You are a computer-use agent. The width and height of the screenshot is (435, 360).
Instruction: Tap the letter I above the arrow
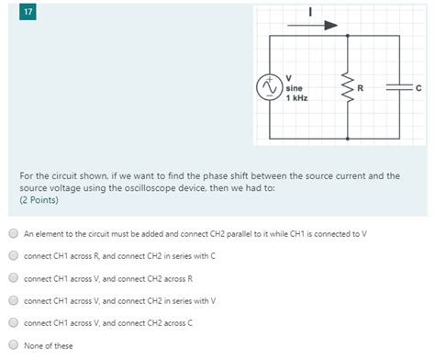(309, 12)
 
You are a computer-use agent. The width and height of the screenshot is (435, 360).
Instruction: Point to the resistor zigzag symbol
(347, 88)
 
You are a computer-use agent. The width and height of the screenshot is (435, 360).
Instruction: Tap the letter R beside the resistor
(361, 88)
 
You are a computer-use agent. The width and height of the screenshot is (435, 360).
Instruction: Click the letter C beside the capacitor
(418, 88)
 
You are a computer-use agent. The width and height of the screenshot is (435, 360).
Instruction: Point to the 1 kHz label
(296, 97)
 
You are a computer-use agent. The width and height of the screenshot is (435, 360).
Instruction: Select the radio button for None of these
(13, 345)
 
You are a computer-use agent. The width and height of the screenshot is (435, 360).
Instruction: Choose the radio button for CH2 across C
(13, 322)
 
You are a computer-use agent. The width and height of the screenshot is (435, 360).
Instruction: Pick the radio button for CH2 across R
(13, 278)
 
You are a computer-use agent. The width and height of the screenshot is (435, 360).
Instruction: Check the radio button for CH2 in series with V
(13, 300)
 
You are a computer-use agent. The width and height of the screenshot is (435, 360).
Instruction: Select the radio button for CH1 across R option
(13, 255)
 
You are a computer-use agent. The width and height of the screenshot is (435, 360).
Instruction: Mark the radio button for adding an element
(13, 233)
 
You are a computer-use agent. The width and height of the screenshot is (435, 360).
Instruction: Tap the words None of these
(49, 345)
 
